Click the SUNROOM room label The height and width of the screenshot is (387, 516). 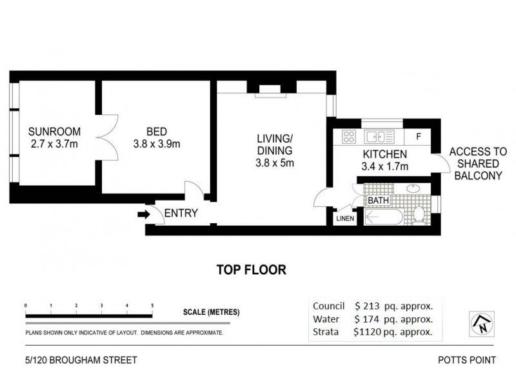coord(54,131)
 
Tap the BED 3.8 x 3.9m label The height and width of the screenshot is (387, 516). coord(156,137)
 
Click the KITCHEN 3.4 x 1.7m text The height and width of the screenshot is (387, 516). coord(384,161)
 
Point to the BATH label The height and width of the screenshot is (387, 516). coord(378,201)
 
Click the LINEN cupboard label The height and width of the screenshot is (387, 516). coord(345,219)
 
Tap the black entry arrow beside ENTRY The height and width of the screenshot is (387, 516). coord(142,213)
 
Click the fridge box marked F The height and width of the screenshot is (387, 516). coord(419,136)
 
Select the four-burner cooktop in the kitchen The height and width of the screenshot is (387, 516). coord(349,137)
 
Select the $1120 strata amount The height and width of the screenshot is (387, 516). coord(367,333)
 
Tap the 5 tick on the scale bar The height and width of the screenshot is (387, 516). coord(152,305)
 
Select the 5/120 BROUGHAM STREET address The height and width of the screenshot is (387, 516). coord(77,361)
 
